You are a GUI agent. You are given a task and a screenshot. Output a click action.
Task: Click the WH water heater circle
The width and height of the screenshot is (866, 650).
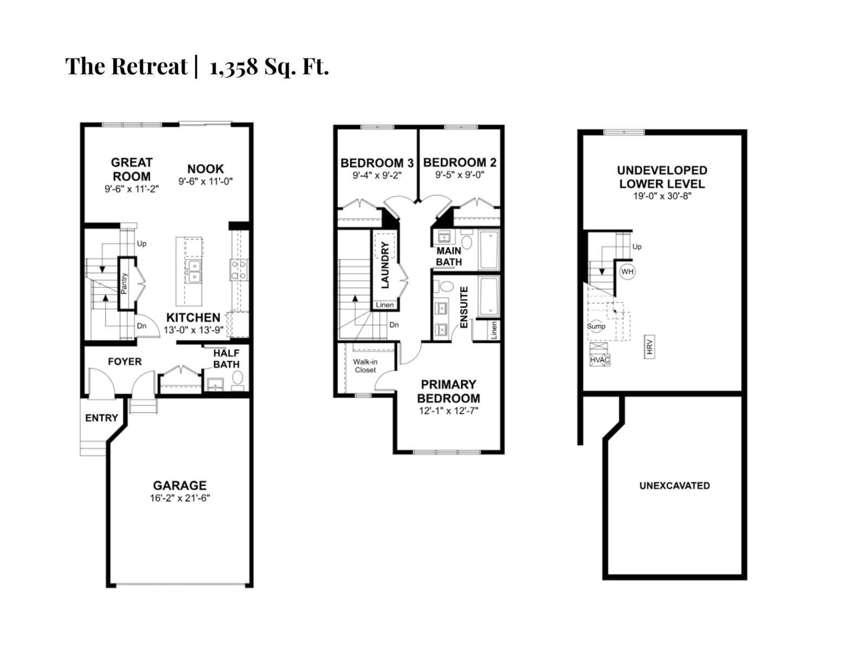tap(627, 272)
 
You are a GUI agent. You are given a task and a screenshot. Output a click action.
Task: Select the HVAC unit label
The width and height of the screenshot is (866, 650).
tap(599, 360)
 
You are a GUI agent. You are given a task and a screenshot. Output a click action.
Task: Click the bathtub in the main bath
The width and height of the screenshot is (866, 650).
tap(489, 250)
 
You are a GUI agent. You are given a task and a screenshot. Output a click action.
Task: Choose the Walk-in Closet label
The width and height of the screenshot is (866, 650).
tap(365, 366)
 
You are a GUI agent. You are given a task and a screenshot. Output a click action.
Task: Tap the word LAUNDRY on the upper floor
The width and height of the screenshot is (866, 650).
tap(385, 265)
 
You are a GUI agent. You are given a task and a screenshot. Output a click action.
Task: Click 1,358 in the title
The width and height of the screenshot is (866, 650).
tap(234, 67)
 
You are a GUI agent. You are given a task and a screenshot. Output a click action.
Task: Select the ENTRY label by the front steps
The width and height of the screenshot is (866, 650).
tap(101, 418)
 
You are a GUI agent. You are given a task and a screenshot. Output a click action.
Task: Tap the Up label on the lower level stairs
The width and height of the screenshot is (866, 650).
tap(637, 247)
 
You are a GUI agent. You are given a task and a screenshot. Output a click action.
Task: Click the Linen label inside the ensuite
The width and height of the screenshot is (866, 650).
tap(494, 330)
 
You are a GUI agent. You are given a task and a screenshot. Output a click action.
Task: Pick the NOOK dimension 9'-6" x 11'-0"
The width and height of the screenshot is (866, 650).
tap(205, 181)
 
